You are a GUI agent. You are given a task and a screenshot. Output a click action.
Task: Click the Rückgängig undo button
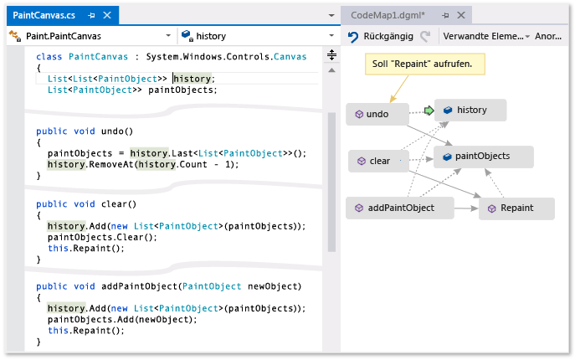point(382,37)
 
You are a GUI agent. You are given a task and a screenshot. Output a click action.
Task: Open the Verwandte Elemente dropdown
point(486,37)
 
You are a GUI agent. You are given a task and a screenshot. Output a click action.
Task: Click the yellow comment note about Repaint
point(427,64)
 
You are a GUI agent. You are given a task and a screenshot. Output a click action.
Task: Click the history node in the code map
point(470,111)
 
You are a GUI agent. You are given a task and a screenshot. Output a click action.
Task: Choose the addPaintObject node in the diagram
point(400,208)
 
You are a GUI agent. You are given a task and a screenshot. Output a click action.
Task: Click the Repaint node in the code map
point(516,208)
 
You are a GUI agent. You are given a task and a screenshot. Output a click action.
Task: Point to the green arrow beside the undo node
point(429,111)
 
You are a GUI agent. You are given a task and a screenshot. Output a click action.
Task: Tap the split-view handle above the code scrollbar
point(331,55)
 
